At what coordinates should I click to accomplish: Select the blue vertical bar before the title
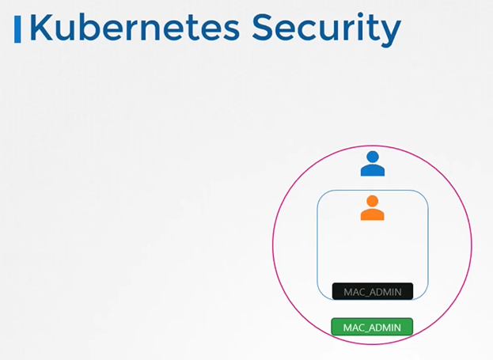(17, 28)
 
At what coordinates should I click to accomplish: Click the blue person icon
(372, 164)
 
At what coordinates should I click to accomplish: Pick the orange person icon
(372, 208)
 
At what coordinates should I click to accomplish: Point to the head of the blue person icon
(372, 157)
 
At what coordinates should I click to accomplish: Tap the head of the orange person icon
(372, 201)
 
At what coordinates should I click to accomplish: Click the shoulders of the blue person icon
(372, 170)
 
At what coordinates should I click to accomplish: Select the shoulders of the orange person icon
(372, 214)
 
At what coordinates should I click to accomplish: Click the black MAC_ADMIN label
(372, 292)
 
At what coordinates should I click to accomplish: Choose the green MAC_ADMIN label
(372, 327)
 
